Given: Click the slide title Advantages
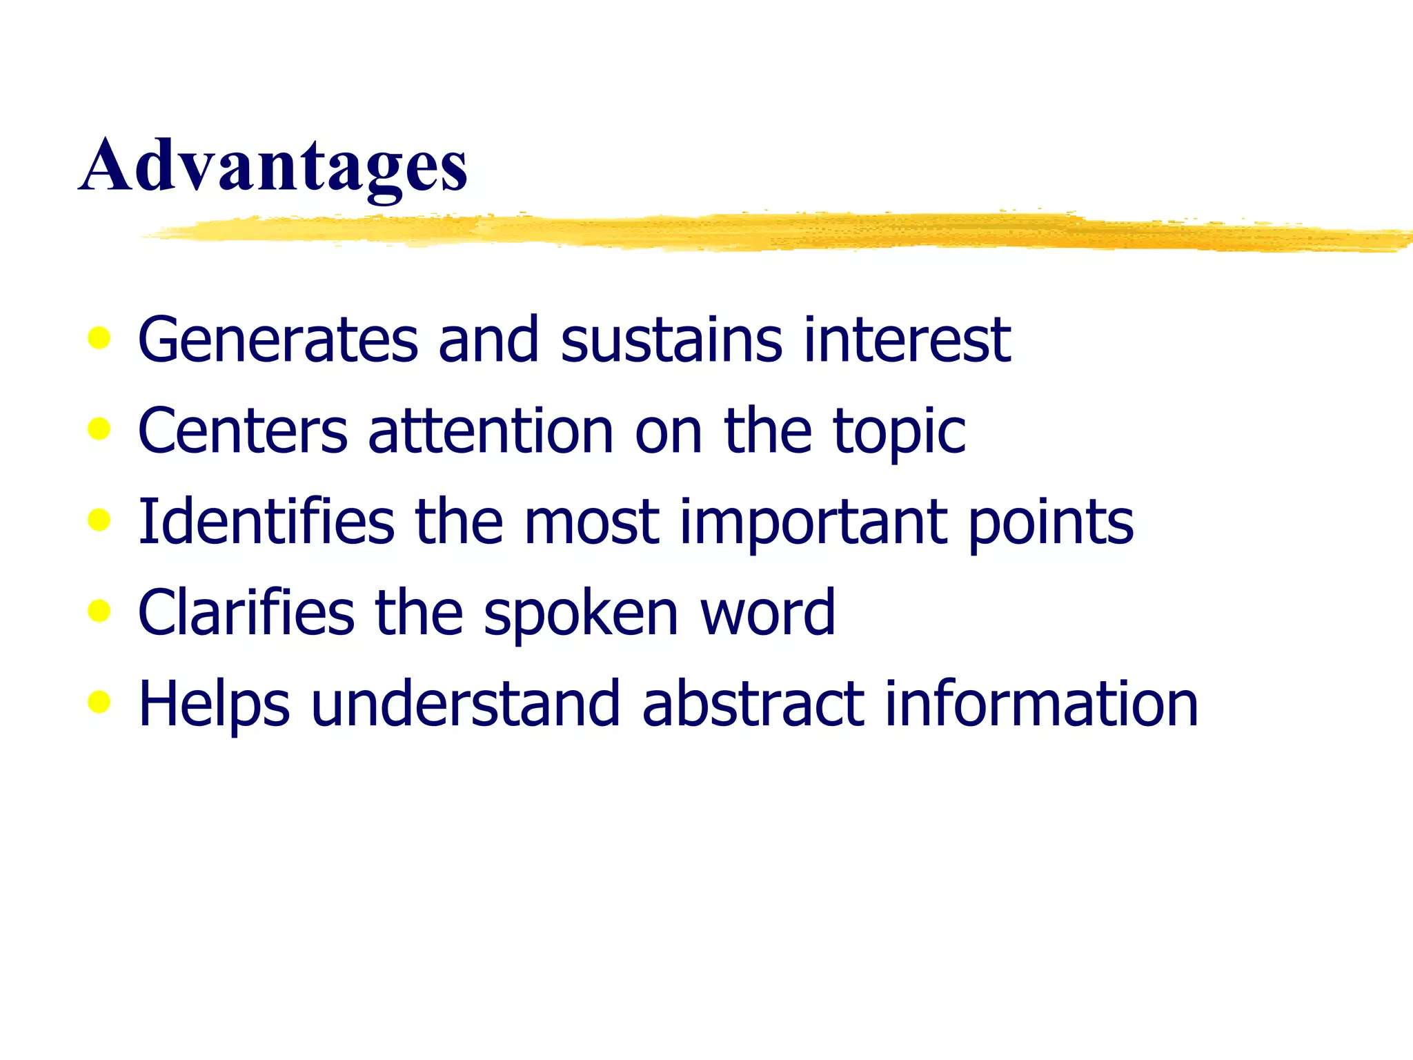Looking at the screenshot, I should pos(274,166).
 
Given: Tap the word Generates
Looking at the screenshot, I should pos(278,339).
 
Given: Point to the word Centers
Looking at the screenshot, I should pos(243,430).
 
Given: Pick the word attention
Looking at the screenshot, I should pos(491,430).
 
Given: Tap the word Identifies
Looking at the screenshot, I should pos(266,521).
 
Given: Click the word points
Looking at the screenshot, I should pos(1051,522).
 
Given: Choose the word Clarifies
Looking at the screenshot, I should pos(246,612).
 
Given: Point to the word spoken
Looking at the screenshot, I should pos(581,614).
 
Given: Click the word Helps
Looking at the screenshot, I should pos(214,705).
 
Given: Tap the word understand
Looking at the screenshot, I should pos(466,703).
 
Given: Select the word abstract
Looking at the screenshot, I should pos(753,703).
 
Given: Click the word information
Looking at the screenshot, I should pos(1042,703).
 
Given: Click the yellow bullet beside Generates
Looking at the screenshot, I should pos(99,338).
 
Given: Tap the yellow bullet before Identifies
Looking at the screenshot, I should pos(99,520).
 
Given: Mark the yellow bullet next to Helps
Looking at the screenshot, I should pos(99,703).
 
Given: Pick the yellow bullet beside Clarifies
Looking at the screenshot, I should pos(99,611).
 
